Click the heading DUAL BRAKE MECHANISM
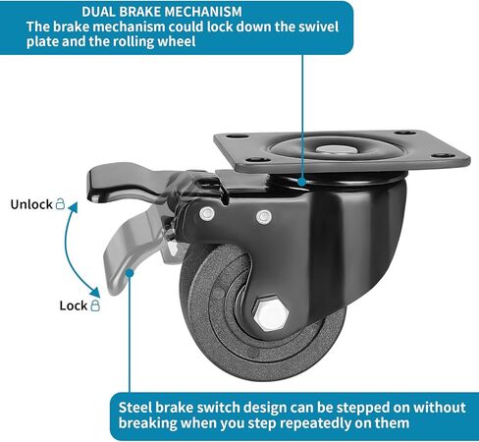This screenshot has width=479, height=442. [x=162, y=12]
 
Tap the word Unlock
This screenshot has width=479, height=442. [x=31, y=204]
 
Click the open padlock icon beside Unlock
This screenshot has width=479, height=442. [x=60, y=203]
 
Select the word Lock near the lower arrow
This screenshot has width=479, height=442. [x=74, y=305]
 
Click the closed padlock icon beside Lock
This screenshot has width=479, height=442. [x=95, y=305]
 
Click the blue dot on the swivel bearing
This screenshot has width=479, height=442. [x=302, y=181]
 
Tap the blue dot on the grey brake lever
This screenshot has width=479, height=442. [x=130, y=273]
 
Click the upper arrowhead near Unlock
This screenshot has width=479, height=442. [x=74, y=207]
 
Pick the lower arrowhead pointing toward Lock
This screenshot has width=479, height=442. [x=95, y=292]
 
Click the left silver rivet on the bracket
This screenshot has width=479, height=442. [x=207, y=214]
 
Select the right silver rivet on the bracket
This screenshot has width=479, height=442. [x=264, y=217]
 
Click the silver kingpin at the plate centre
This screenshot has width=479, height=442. [x=334, y=149]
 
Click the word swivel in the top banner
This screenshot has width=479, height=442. [x=318, y=27]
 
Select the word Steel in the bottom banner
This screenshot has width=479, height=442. [x=135, y=408]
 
